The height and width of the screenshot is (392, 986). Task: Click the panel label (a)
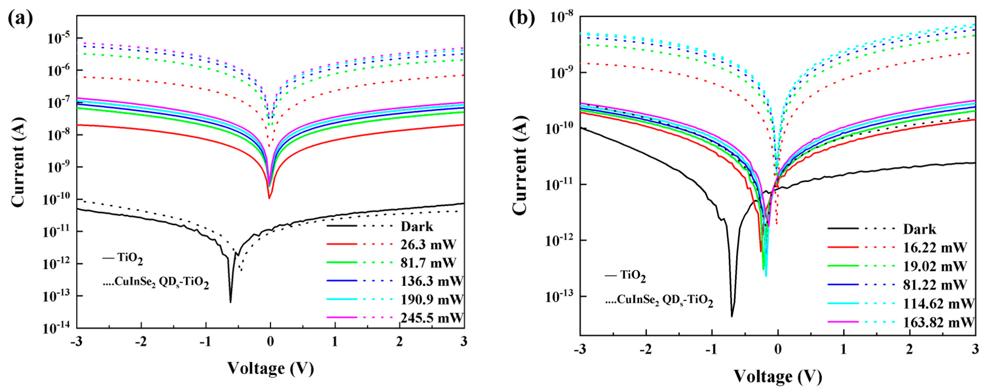[20, 18]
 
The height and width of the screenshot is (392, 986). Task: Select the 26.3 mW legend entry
[428, 244]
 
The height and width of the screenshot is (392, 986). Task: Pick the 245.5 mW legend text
[432, 318]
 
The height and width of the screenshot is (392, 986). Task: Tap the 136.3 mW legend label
[432, 281]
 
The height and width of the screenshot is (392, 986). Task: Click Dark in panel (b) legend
[919, 229]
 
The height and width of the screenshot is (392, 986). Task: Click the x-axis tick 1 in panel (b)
[843, 349]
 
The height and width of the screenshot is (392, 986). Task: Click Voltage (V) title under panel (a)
[270, 369]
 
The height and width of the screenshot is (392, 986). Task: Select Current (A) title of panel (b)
[521, 165]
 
